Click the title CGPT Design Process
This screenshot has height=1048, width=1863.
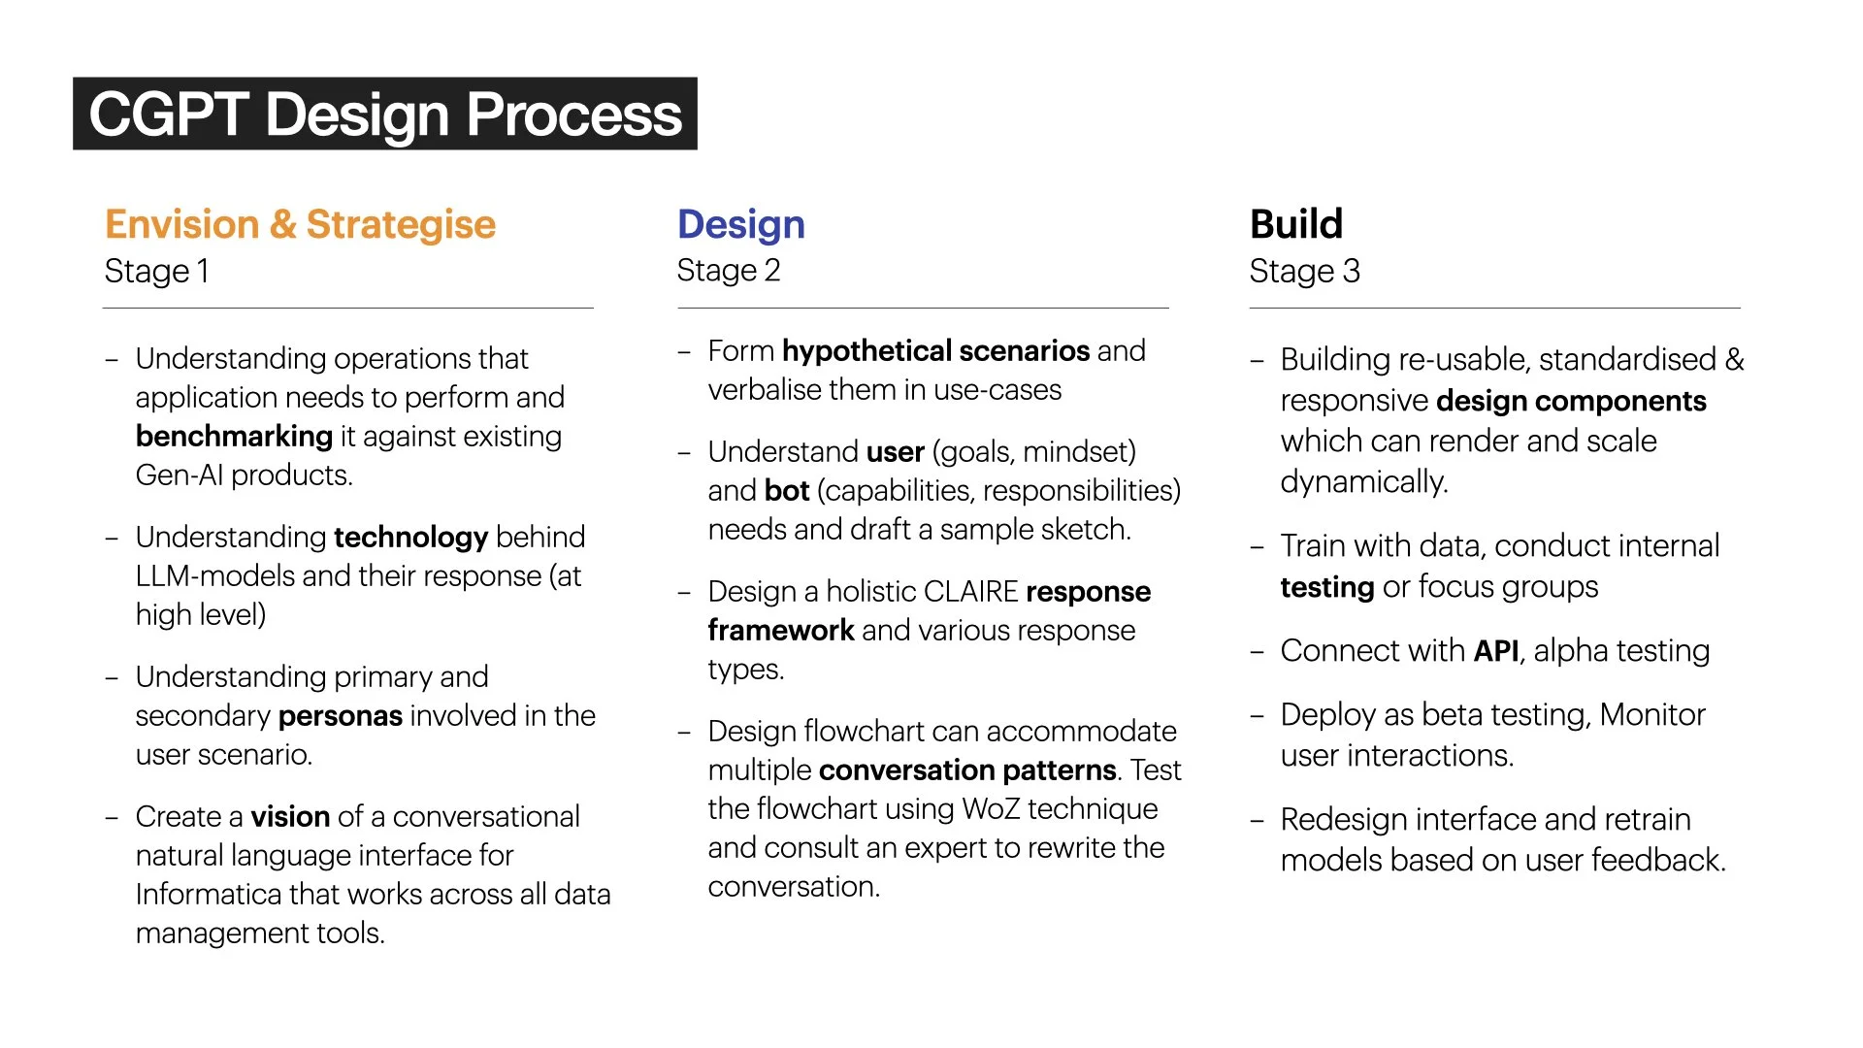(385, 115)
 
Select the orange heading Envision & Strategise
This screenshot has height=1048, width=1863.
(300, 224)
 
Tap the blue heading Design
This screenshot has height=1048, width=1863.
(740, 224)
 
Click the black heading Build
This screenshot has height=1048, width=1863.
(1296, 224)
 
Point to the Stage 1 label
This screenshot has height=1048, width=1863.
(156, 272)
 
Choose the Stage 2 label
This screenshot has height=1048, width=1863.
(728, 271)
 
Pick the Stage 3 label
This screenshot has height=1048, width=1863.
(1304, 272)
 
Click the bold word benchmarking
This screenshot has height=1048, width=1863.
(234, 437)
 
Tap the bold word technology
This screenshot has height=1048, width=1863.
(410, 538)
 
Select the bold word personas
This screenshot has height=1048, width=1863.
(340, 716)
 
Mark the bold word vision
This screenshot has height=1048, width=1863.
(290, 817)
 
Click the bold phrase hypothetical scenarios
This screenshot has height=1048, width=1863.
(935, 351)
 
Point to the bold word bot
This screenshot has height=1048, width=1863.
(786, 491)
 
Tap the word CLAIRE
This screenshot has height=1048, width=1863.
(970, 592)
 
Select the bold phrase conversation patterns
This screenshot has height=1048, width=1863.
(966, 770)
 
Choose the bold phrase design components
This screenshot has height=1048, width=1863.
(1570, 401)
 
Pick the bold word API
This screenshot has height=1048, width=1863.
(1495, 651)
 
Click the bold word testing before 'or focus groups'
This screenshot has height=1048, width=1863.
(1326, 587)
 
